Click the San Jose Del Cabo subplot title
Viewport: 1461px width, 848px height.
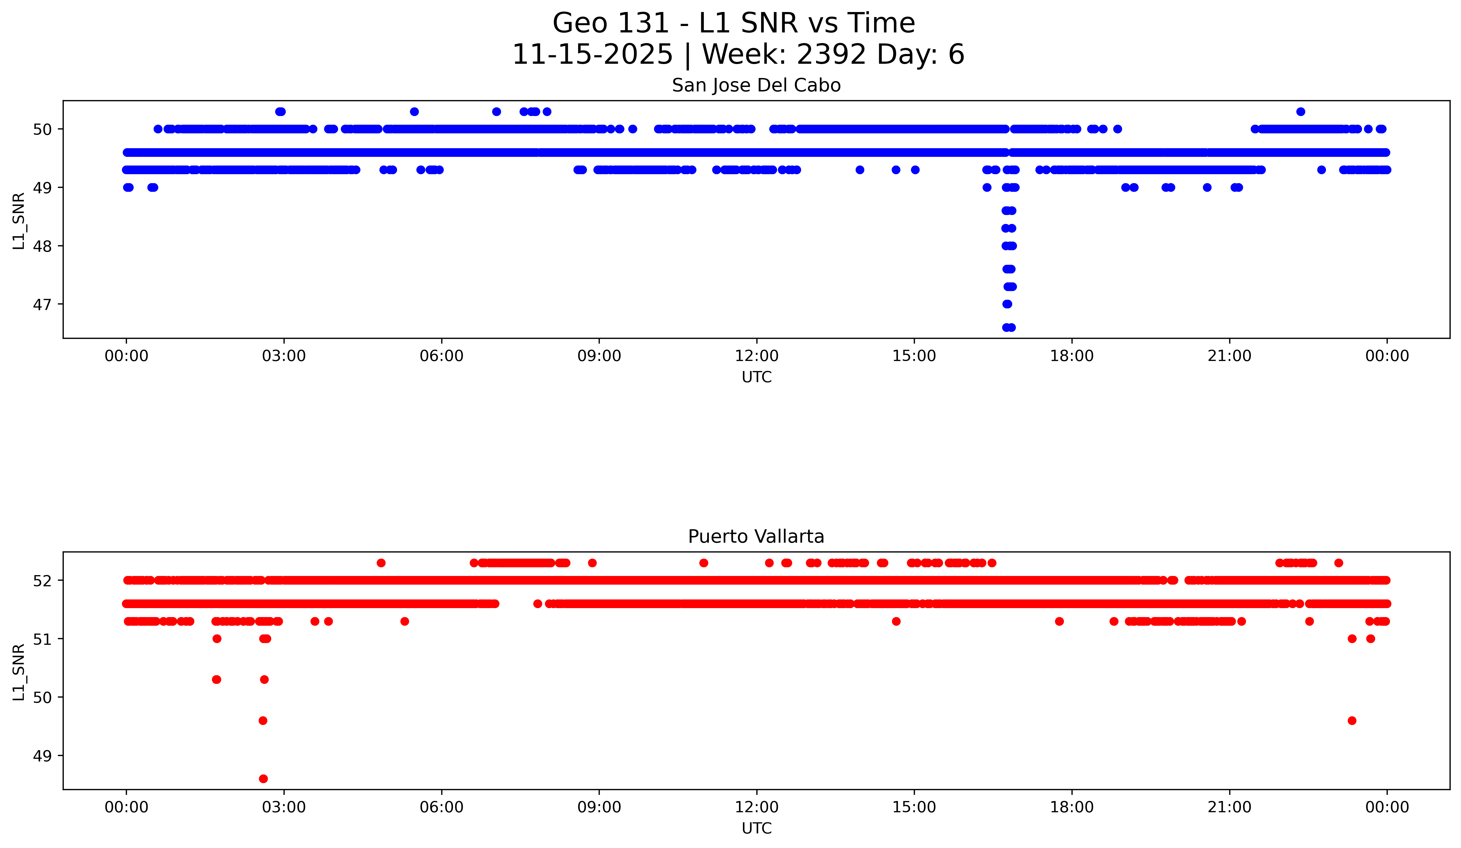pos(756,86)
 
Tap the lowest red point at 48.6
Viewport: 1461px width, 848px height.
pos(263,778)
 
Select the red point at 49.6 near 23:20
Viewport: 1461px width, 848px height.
pos(1352,721)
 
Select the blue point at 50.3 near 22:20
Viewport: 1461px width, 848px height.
pos(1300,112)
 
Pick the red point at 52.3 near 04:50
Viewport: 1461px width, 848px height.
pos(381,563)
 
